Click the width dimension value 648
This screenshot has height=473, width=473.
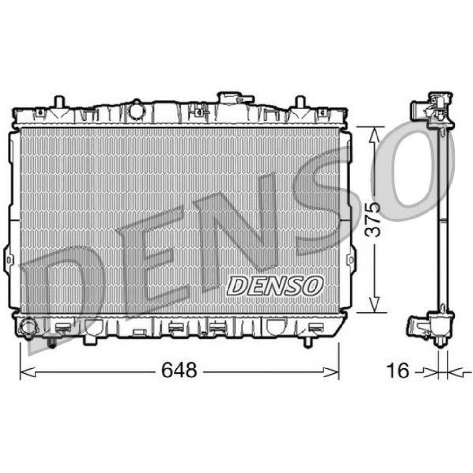(179, 370)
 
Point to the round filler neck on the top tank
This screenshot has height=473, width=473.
(137, 110)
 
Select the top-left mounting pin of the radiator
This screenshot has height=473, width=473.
(59, 102)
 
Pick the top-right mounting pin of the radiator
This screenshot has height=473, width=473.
(300, 102)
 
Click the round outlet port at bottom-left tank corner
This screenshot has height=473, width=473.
(28, 327)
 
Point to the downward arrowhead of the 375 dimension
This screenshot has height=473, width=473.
(375, 305)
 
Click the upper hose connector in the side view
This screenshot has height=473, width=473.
(419, 110)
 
